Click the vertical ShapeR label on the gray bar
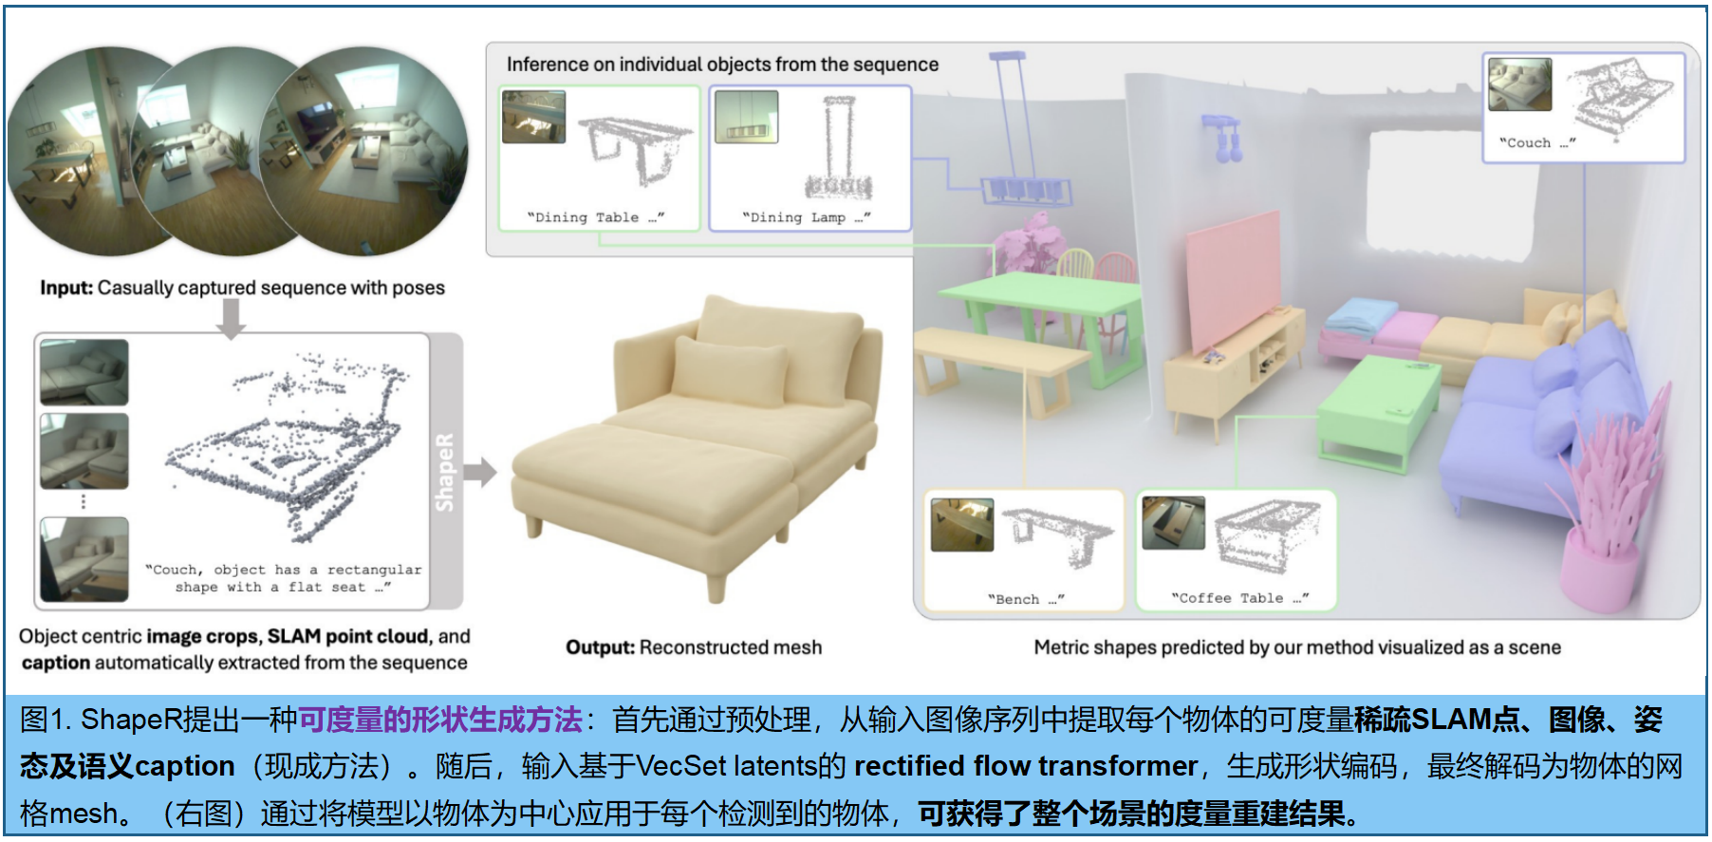(x=444, y=472)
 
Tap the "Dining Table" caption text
(x=595, y=217)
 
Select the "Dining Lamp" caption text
(x=806, y=217)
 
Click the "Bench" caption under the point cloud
(x=1025, y=599)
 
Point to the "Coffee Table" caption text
(x=1239, y=598)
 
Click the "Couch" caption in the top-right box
(x=1536, y=142)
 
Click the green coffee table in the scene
(x=1376, y=408)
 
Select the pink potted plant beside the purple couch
(x=1613, y=503)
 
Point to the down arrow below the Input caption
(x=231, y=318)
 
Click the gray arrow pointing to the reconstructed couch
(x=480, y=472)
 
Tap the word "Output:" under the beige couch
(x=600, y=647)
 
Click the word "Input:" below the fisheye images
(x=66, y=288)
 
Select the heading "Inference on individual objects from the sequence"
(x=721, y=65)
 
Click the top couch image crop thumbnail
(x=84, y=372)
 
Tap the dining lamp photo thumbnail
(x=746, y=117)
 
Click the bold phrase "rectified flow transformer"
(x=1025, y=766)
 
